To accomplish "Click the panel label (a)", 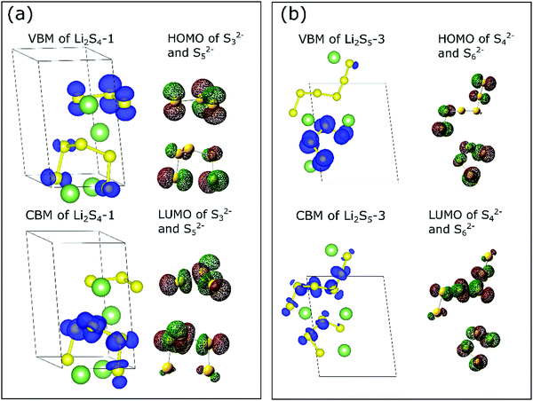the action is pos(20,16).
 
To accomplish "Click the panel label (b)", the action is pos(294,16).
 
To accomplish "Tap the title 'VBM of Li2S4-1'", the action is pos(71,39).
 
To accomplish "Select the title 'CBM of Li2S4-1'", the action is pos(69,216).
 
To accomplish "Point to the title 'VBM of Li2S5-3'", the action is pos(342,39).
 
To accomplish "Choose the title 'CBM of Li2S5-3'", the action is pos(340,216).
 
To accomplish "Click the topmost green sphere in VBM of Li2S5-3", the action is pos(334,58).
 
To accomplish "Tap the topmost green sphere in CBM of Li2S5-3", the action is pos(331,250).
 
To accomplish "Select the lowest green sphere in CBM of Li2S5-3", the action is pos(345,350).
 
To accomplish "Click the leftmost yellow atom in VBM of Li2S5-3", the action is pos(292,112).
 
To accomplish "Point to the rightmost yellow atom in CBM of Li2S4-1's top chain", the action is pos(137,287).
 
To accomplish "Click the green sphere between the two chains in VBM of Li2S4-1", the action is pos(99,132).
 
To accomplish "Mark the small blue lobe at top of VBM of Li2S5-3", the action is pos(355,65).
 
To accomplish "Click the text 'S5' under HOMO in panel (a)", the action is pos(199,53).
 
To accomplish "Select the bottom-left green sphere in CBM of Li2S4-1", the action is pos(81,375).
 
